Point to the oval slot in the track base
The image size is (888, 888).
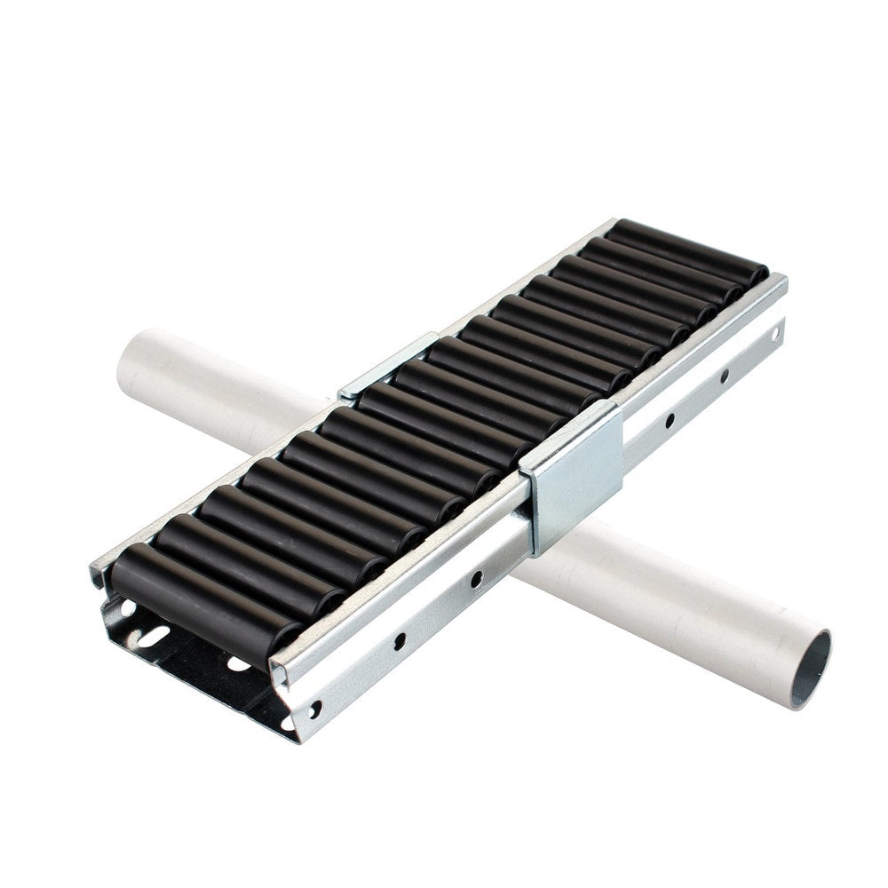click(x=154, y=636)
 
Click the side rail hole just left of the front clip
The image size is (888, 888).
click(x=477, y=580)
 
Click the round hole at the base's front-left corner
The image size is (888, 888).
click(x=124, y=608)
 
